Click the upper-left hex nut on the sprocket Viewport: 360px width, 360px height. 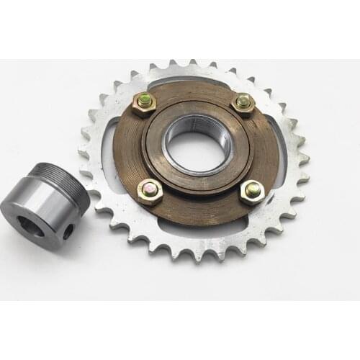[144, 103]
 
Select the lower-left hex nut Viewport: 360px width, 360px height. [150, 191]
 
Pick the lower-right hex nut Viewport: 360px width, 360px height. [251, 191]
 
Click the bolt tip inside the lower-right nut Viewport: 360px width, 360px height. [251, 189]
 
